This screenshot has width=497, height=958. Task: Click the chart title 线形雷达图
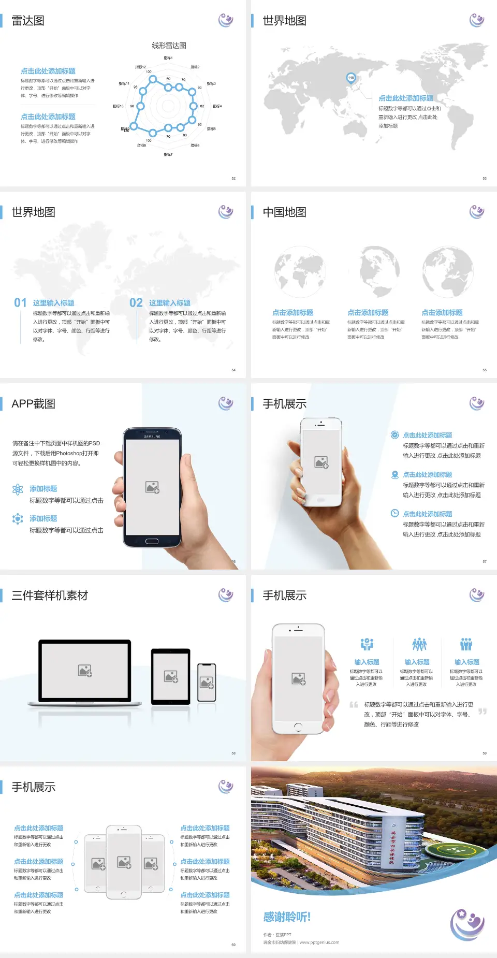click(169, 46)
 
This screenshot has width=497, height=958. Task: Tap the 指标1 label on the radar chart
click(168, 58)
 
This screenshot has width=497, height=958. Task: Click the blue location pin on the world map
click(351, 78)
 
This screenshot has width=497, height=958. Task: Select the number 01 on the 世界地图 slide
click(20, 303)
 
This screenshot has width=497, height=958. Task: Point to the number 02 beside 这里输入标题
click(136, 303)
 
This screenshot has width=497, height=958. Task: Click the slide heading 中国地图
click(284, 212)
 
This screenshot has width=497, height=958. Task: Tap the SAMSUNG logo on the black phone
click(152, 437)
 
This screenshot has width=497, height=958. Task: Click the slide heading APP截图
click(34, 404)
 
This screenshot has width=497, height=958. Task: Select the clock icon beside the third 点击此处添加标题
click(394, 513)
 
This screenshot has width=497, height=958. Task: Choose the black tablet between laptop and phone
click(171, 676)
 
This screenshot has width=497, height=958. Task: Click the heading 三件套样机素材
click(50, 596)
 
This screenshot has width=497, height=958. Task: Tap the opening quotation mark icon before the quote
click(354, 704)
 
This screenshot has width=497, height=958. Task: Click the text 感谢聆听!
click(287, 917)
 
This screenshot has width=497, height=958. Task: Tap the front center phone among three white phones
click(124, 862)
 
